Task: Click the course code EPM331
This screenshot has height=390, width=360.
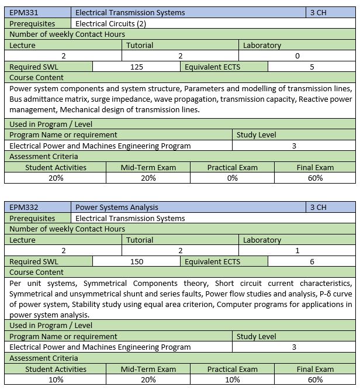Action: (x=23, y=12)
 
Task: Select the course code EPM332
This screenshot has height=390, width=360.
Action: (x=23, y=208)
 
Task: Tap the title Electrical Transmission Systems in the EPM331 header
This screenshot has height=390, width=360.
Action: (x=130, y=12)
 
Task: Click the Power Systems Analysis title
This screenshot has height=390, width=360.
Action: (x=117, y=208)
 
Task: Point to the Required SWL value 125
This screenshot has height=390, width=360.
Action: (x=137, y=67)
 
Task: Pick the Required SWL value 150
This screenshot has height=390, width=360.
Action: (x=137, y=262)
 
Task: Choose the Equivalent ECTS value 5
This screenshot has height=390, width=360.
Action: (x=312, y=67)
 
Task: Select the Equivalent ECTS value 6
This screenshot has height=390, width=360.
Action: (x=312, y=262)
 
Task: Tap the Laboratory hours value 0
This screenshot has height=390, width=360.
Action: (x=297, y=56)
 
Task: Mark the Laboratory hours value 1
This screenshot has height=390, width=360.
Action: (x=297, y=251)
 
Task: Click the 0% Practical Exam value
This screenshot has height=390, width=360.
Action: (x=232, y=178)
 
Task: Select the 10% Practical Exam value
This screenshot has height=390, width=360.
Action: (x=232, y=379)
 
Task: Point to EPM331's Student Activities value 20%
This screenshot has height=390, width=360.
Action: (x=56, y=178)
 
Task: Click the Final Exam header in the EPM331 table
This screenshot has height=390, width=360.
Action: (x=315, y=168)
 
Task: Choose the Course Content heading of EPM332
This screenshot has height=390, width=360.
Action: (x=37, y=272)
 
